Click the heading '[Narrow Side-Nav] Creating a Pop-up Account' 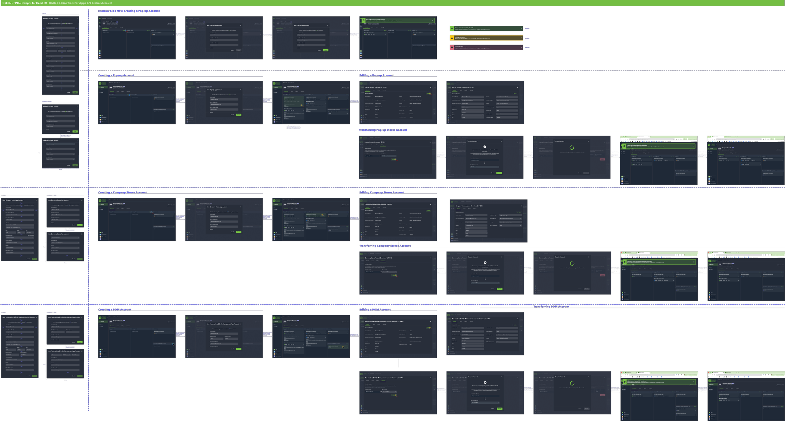(129, 11)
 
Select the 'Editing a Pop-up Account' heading (376, 75)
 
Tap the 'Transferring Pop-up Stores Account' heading (383, 130)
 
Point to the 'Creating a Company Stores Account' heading (122, 192)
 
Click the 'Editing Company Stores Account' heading (382, 192)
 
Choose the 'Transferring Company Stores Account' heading (385, 246)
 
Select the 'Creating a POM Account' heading (115, 310)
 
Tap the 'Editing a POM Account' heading (375, 310)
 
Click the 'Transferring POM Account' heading (551, 307)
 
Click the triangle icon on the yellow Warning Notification (452, 38)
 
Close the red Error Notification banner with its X (521, 47)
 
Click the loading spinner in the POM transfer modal (572, 383)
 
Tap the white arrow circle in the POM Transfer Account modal (485, 382)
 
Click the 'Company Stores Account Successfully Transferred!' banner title (639, 261)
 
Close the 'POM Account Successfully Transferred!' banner (694, 382)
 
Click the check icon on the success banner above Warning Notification (452, 28)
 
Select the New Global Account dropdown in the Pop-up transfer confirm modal (485, 167)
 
